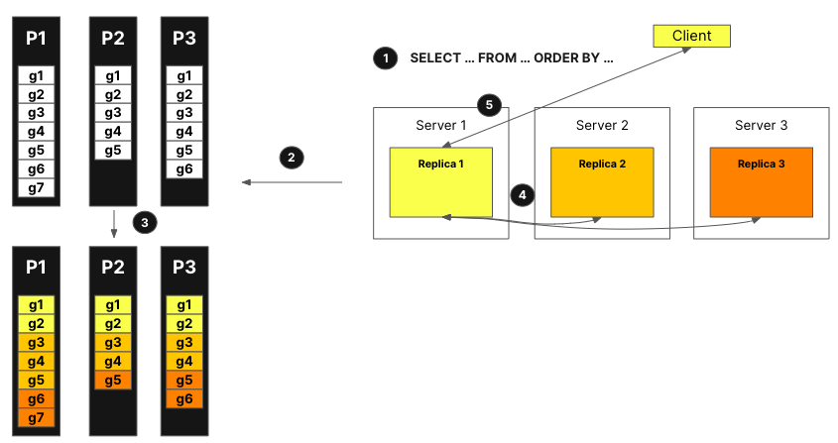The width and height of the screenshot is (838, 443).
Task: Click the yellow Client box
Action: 692,37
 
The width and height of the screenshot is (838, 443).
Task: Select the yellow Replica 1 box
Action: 441,182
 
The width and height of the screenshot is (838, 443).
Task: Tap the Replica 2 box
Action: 602,182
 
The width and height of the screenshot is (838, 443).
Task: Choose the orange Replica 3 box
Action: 762,182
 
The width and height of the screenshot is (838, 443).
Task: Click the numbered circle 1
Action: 384,57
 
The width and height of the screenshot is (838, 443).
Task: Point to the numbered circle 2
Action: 291,157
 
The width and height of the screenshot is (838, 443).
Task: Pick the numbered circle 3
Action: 145,223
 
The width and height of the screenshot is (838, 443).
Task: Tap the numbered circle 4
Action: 522,194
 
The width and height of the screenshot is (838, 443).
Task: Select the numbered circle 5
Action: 486,103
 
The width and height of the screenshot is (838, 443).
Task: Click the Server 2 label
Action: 602,125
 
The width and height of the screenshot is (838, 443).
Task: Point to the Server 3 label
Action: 762,125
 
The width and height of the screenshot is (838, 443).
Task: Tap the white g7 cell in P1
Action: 37,188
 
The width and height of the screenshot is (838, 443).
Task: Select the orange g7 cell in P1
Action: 37,418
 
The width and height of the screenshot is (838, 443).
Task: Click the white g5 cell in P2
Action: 113,151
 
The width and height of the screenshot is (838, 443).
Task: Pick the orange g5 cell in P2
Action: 113,381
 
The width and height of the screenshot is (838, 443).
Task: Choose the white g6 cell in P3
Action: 183,169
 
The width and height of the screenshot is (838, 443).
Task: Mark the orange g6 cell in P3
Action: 183,399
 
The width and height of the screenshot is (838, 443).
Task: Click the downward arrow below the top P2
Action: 113,223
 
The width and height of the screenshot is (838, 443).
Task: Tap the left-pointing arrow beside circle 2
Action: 293,182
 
